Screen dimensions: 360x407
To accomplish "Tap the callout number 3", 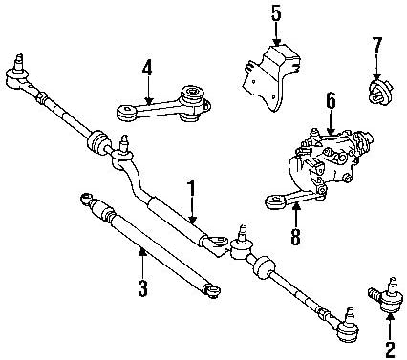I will coord(141,286).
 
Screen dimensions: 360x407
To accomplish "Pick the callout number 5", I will coord(275,13).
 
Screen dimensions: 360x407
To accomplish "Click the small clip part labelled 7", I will coord(378,93).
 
